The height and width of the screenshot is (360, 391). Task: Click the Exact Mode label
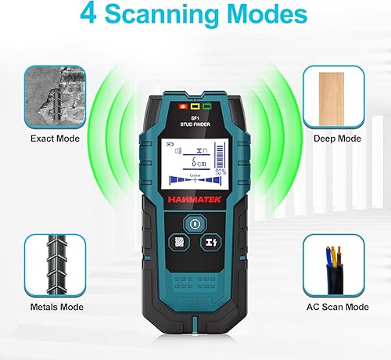point(56,139)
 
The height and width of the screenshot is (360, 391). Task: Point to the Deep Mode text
point(336,139)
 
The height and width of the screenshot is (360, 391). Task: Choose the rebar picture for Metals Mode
point(56,266)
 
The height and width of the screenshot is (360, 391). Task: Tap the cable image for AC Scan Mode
point(335,266)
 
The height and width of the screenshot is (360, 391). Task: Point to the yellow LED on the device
point(195,105)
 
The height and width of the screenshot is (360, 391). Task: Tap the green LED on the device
point(208,105)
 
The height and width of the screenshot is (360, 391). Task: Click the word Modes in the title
point(262,16)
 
